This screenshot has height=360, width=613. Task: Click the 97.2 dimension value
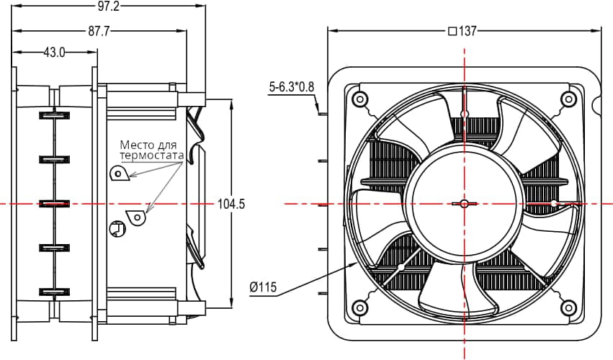[x=109, y=6]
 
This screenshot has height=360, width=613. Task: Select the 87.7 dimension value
[x=99, y=31]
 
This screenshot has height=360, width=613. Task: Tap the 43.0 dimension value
[x=55, y=52]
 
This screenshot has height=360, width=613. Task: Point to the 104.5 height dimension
[x=231, y=204]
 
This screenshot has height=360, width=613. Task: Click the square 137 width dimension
[x=463, y=31]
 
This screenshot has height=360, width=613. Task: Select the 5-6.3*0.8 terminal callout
[x=292, y=87]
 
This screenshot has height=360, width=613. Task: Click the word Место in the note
[x=136, y=144]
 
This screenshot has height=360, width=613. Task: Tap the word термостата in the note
[x=151, y=155]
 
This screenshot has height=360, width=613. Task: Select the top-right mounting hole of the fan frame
[x=568, y=99]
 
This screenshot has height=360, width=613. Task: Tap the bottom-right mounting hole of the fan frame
[x=568, y=307]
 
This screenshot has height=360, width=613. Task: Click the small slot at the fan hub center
[x=464, y=204]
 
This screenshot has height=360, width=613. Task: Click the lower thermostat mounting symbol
[x=135, y=216]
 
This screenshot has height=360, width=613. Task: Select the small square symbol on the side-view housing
[x=117, y=229]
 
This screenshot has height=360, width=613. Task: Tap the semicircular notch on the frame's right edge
[x=597, y=106]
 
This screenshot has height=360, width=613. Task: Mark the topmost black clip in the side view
[x=54, y=114]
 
